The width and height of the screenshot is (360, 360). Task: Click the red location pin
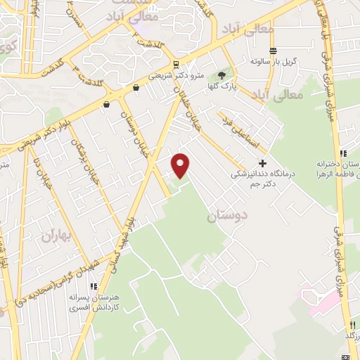(x=181, y=166)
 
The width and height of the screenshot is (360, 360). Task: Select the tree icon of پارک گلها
(x=222, y=75)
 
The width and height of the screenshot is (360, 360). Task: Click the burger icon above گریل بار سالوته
(x=273, y=51)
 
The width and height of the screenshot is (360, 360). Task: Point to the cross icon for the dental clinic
(x=262, y=163)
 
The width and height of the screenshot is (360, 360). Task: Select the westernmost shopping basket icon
(x=106, y=104)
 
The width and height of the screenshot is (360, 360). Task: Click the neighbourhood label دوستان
(x=224, y=217)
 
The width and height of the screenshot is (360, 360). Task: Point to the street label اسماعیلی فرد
(x=237, y=129)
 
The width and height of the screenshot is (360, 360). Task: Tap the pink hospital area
(x=320, y=300)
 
